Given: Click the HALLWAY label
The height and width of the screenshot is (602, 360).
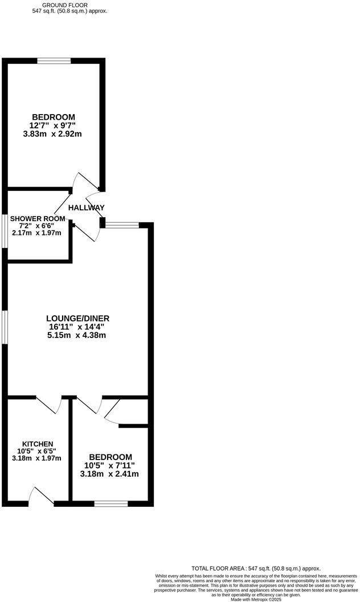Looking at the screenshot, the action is tap(87, 208).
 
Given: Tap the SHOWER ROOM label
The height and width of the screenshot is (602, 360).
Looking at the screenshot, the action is tap(36, 218).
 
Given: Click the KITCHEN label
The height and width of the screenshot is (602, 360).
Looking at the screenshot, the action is tap(38, 444).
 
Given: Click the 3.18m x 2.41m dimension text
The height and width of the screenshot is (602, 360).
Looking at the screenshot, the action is tap(110, 474).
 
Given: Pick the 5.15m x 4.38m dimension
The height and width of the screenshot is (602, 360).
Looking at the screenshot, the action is tap(77, 335).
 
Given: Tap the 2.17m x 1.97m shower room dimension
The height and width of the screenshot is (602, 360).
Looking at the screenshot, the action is tap(36, 233).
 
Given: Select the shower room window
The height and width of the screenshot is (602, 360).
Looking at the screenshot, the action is tap(5, 231).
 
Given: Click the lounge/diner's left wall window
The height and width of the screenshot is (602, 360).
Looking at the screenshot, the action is tap(5, 327).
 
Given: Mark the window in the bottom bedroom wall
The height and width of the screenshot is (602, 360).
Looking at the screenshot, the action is tap(111, 503).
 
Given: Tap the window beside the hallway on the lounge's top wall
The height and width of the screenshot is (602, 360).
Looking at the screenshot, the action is tap(122, 225).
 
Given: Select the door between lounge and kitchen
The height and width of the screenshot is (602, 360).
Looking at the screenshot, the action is tap(50, 404).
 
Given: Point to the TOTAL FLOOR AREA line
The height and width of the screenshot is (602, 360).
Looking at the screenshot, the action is tap(256, 568).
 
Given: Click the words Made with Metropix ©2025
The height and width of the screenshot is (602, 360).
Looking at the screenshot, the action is tap(256, 599).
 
